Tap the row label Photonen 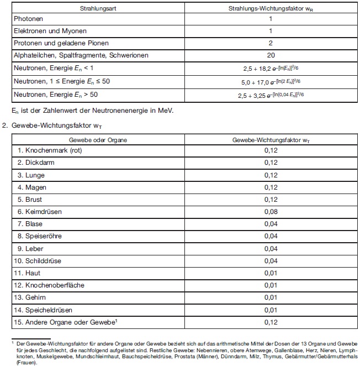(x=29, y=19)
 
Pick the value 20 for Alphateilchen (x=271, y=55)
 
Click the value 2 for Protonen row (x=271, y=43)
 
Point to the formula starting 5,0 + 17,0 (x=270, y=81)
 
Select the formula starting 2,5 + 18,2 (x=270, y=69)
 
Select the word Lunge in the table (x=35, y=175)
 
